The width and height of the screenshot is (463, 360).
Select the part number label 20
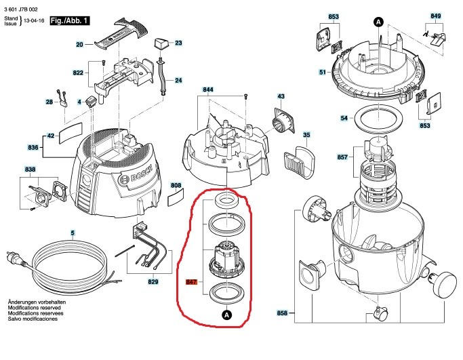[x=79, y=44]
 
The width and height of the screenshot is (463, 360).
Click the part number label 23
[x=179, y=43]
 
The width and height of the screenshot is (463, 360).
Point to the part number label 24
[x=179, y=80]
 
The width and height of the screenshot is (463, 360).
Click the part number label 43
[x=281, y=97]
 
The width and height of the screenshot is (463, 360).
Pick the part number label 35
[x=306, y=136]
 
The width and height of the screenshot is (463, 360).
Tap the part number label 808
[x=176, y=185]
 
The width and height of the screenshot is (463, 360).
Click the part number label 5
[x=73, y=234]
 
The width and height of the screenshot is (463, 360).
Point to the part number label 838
[x=30, y=169]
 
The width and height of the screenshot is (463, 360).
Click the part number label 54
[x=344, y=118]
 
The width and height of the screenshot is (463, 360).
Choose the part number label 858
[x=282, y=313]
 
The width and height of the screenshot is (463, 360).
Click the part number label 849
[x=436, y=15]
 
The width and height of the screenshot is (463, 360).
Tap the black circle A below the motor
[x=226, y=315]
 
